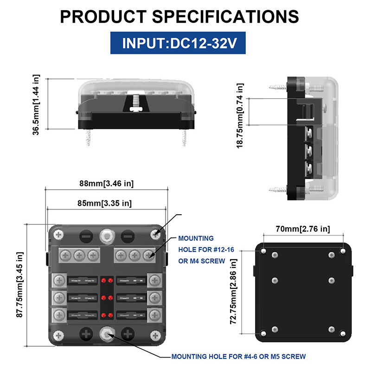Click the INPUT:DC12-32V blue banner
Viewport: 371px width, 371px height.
[178, 43]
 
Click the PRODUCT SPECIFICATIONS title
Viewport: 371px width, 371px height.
[179, 17]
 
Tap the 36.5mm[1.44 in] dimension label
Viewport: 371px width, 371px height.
[36, 105]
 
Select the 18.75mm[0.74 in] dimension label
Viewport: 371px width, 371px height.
[240, 115]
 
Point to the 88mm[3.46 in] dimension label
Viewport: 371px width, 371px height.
[107, 183]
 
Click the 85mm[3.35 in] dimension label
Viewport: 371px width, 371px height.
[105, 203]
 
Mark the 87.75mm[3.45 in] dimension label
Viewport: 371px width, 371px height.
[19, 285]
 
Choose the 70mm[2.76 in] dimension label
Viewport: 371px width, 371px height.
[303, 229]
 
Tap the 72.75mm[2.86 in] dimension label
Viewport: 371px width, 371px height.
[233, 292]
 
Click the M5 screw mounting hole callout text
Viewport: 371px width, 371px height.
[238, 356]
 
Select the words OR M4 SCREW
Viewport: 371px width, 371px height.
[202, 261]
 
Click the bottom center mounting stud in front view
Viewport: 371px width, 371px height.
[107, 334]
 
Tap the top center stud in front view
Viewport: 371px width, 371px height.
[107, 236]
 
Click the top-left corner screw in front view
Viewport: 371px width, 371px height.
[58, 235]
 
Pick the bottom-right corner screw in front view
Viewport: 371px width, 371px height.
[155, 335]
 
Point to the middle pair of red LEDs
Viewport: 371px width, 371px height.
[107, 298]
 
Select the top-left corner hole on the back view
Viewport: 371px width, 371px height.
[263, 251]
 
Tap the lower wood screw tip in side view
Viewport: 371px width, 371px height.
[270, 190]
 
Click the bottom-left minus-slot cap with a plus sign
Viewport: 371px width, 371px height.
[86, 334]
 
